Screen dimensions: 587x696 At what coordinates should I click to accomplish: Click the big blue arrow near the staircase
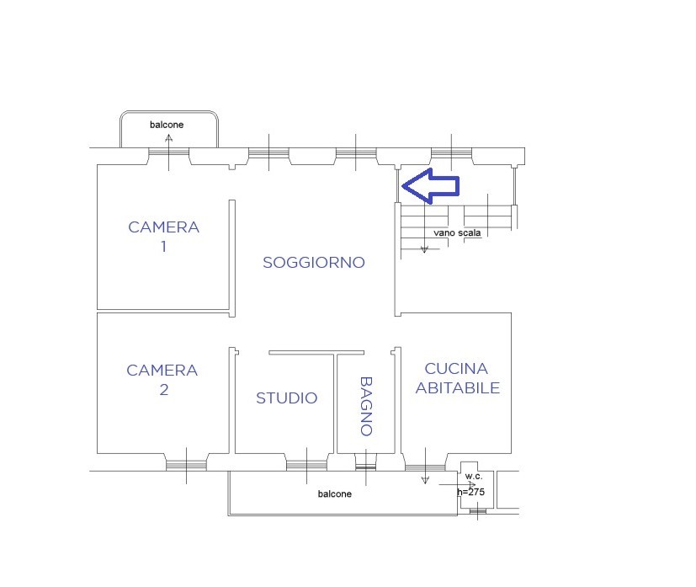430,186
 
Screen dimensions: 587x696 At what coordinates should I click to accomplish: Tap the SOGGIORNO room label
314,263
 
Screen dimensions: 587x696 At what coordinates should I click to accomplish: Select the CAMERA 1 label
163,237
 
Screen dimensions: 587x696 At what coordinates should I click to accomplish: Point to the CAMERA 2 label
162,380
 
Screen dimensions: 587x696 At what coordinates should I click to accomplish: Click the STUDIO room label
287,398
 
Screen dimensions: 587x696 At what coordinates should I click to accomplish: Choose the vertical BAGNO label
366,406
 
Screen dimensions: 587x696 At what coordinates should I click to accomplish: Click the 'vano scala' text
458,232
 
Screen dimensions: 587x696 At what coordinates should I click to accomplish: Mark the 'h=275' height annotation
471,491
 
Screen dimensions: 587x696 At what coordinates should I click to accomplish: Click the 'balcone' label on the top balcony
167,125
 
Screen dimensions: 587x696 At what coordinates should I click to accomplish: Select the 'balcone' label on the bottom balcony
335,494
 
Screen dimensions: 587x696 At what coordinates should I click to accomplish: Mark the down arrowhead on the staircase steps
425,248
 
